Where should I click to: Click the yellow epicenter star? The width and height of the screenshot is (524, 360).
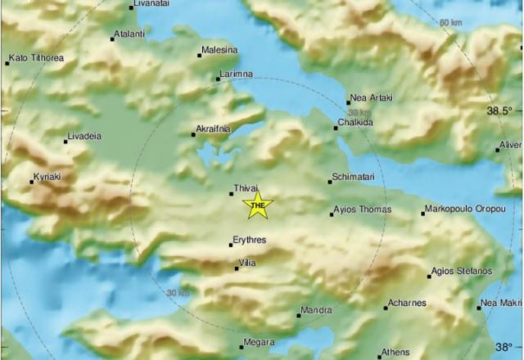point(258,205)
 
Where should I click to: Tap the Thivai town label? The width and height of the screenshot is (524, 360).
point(246,188)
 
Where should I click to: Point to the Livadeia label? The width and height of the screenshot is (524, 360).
point(86,136)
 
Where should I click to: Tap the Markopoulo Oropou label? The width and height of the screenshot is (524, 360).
point(464,211)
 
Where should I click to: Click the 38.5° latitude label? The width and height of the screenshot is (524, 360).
point(500,110)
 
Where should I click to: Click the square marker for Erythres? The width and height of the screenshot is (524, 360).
point(232,244)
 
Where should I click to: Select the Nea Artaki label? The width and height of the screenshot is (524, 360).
point(371,98)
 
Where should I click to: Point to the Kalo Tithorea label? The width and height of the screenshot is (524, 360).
point(37,58)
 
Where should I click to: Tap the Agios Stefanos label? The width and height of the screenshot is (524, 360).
point(462,272)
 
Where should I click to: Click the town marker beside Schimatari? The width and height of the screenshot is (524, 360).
point(331,182)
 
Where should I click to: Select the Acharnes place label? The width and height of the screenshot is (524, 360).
point(408,304)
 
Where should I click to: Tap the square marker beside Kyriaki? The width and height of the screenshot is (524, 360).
point(31,182)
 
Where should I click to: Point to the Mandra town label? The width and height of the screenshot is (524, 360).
point(317,310)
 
